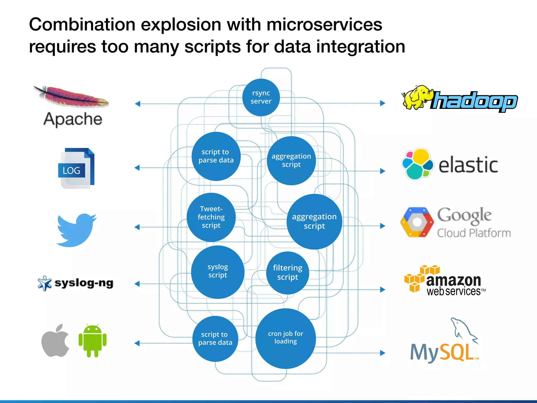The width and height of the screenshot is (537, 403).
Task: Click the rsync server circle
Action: coord(261,97)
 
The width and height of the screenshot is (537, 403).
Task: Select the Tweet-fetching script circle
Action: coord(211,217)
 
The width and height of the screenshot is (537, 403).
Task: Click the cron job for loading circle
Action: coord(286,338)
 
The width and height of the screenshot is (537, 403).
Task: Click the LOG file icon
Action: coord(76,168)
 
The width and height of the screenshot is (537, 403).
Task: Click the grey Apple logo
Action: coord(55,341)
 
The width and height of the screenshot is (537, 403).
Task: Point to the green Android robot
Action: coord(93,341)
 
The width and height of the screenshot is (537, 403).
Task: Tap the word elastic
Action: coord(468,165)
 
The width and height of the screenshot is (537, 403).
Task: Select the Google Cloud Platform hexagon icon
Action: coord(417,222)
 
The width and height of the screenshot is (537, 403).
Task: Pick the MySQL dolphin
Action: coord(463,330)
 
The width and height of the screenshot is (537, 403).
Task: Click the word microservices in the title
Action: coord(324,25)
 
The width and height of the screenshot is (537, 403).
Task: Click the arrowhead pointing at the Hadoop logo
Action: coord(383,103)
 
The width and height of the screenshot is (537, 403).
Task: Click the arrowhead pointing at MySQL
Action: coord(383,353)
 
